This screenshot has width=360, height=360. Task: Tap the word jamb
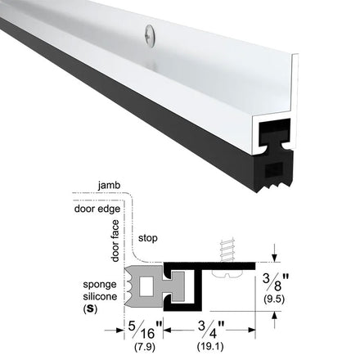pyautogui.click(x=109, y=186)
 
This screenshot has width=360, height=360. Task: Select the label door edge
pyautogui.click(x=97, y=209)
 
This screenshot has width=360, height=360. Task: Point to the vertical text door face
pyautogui.click(x=115, y=241)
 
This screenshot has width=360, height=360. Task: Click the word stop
pyautogui.click(x=147, y=238)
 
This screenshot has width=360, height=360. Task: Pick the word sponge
pyautogui.click(x=100, y=285)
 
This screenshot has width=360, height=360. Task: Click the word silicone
pyautogui.click(x=100, y=296)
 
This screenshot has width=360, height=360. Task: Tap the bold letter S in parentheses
pyautogui.click(x=90, y=309)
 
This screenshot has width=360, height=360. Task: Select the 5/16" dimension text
pyautogui.click(x=145, y=329)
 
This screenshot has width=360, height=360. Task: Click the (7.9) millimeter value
pyautogui.click(x=145, y=347)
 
